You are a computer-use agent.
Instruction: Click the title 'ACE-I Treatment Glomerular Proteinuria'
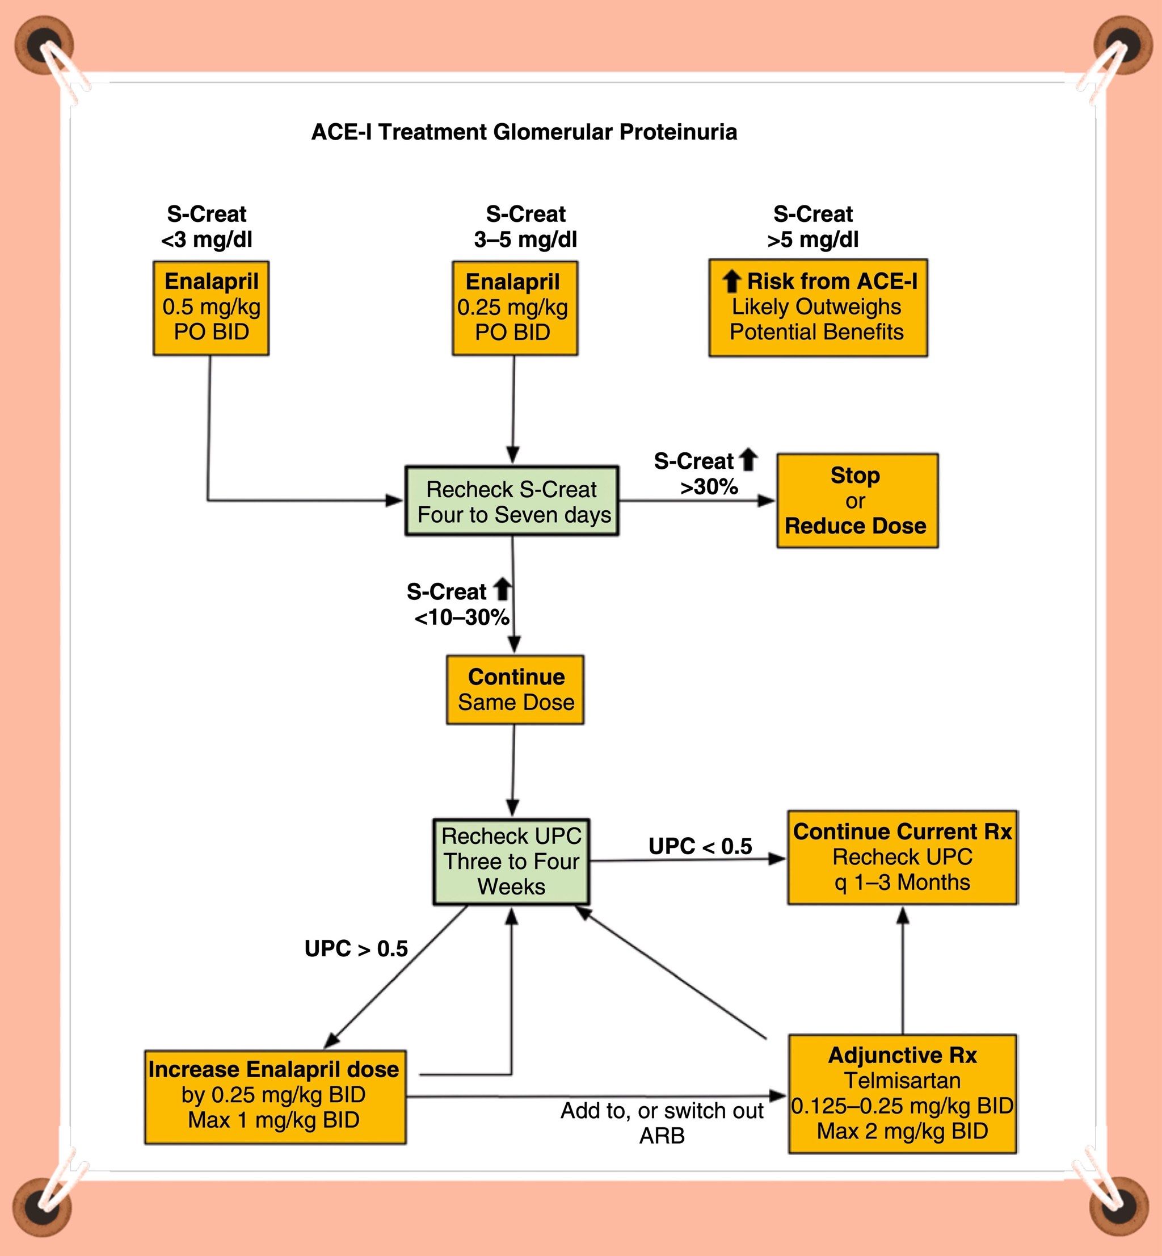(x=524, y=132)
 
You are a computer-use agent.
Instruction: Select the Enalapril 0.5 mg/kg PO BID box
(x=211, y=308)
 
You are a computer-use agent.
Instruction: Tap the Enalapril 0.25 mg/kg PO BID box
(x=515, y=308)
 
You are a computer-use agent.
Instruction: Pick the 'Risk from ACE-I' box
(x=818, y=308)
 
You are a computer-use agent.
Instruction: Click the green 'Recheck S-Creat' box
(x=512, y=501)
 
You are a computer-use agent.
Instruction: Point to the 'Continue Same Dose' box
(x=515, y=690)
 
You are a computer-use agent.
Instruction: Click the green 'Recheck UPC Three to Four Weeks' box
(x=511, y=861)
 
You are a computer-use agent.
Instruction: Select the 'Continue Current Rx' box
(x=902, y=857)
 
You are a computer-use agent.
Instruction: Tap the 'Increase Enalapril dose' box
(x=275, y=1097)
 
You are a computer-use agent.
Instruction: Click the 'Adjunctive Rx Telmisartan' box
(x=902, y=1094)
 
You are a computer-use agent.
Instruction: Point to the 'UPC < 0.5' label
(x=700, y=847)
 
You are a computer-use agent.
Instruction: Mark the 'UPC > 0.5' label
(x=356, y=948)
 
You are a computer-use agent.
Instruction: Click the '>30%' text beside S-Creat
(x=709, y=487)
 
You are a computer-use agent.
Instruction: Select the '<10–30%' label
(x=461, y=618)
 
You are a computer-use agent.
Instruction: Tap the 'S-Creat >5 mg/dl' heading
(x=812, y=226)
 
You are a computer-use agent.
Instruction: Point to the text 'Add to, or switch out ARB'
(x=662, y=1123)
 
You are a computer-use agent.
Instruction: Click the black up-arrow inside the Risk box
(x=731, y=281)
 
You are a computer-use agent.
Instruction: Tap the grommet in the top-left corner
(x=44, y=45)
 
